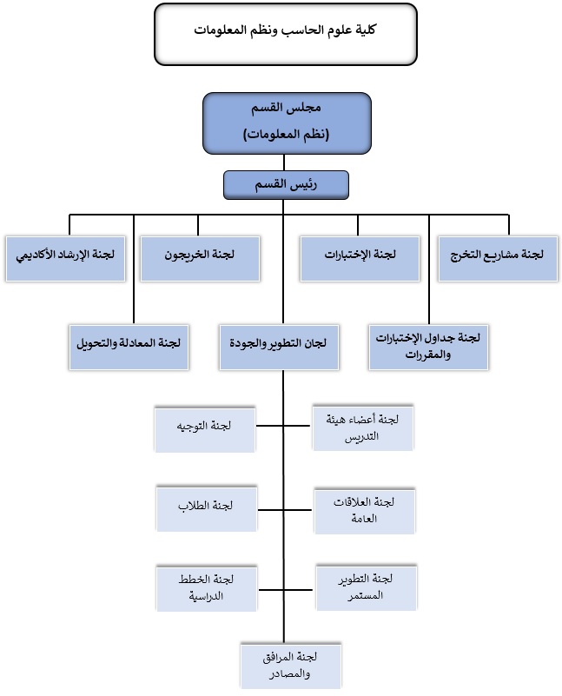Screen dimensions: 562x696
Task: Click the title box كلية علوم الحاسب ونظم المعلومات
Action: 286,34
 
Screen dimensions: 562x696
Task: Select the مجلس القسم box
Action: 287,123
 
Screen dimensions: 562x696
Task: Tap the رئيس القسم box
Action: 286,185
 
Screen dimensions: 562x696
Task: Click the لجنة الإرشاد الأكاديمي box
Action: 66,259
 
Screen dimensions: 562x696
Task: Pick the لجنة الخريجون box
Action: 200,259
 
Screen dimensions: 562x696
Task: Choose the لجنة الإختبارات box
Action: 360,259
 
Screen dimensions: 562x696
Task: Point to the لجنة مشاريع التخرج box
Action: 498,259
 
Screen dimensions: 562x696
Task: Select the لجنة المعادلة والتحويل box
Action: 129,347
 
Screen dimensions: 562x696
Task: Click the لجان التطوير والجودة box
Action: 279,347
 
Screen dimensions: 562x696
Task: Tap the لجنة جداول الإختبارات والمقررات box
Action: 428,347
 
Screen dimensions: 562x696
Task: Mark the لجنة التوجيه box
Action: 205,428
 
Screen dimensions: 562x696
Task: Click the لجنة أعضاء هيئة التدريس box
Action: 363,428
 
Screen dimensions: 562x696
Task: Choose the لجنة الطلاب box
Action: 207,508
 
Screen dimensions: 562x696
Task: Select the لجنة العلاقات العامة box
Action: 365,511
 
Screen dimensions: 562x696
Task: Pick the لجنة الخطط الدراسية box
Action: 207,588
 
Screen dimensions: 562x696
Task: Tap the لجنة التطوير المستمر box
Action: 367,587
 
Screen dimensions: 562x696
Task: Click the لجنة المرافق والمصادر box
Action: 291,666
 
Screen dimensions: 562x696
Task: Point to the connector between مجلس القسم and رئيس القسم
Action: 284,162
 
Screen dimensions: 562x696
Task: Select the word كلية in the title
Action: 366,30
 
